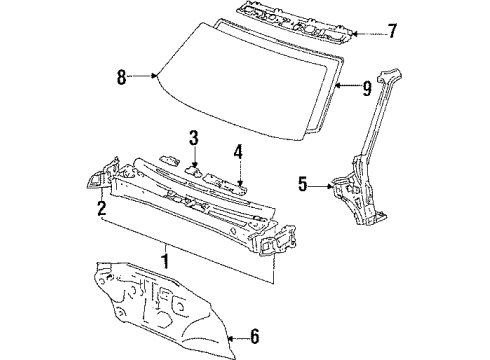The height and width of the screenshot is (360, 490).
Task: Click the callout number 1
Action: (x=165, y=261)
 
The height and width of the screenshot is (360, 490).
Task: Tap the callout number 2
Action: (x=102, y=208)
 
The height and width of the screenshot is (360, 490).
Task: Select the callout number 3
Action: (x=194, y=138)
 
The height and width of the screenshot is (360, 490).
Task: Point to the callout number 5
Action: (x=302, y=184)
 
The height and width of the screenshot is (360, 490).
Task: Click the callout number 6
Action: (x=254, y=336)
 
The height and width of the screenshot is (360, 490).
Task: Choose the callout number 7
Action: (x=392, y=31)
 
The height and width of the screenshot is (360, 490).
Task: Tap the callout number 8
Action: (x=121, y=77)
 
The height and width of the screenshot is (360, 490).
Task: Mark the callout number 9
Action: (x=367, y=88)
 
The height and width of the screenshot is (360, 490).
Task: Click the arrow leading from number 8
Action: (x=142, y=76)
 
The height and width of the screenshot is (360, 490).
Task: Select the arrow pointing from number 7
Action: (x=369, y=34)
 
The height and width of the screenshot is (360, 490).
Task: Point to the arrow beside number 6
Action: (x=238, y=339)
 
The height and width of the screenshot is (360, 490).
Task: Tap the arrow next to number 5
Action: (x=320, y=186)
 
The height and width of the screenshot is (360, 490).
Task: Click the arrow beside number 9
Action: (x=347, y=86)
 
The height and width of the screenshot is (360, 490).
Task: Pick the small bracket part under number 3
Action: (x=193, y=171)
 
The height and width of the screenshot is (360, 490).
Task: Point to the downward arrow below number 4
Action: (x=239, y=172)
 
